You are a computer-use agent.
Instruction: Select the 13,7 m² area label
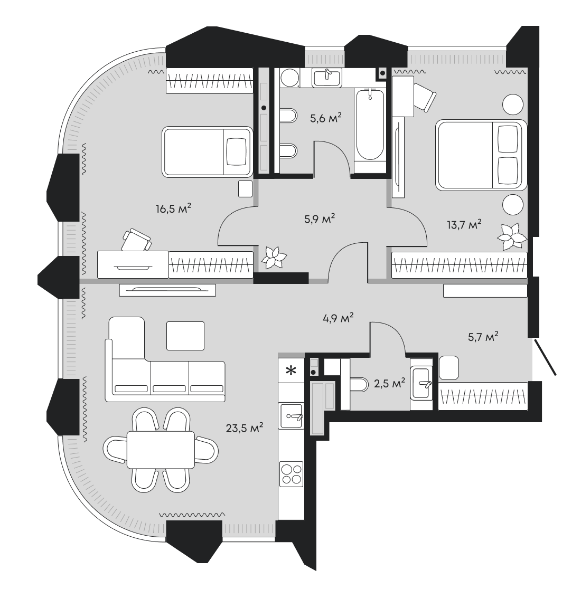(464, 225)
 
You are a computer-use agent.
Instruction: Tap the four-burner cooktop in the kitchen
(291, 472)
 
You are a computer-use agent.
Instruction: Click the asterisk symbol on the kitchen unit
(290, 371)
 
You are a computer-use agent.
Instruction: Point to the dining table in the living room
(161, 449)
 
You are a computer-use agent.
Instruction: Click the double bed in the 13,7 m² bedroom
(481, 155)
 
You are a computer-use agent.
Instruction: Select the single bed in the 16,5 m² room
(207, 151)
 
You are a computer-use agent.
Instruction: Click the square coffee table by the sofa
(185, 336)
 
